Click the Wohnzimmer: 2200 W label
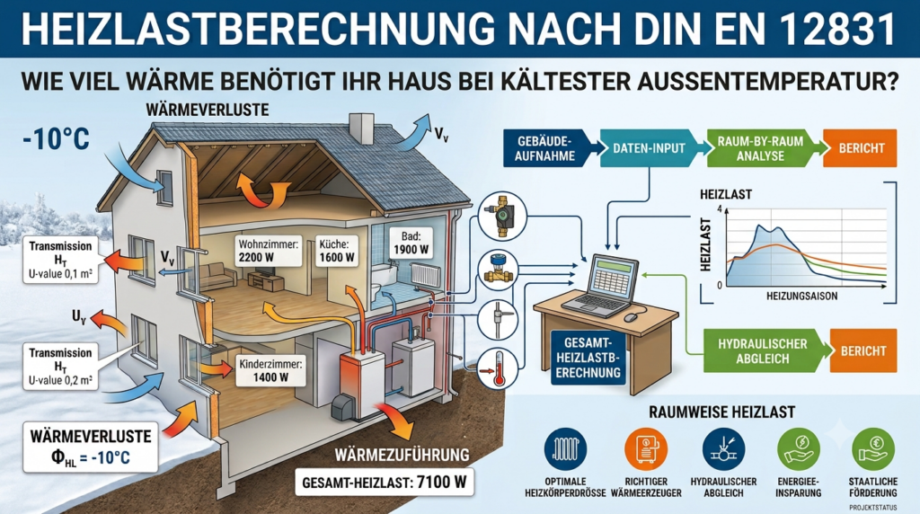tap(269, 250)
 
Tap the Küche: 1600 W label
tap(337, 250)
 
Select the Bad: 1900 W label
tap(411, 243)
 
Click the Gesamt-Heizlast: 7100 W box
tap(385, 483)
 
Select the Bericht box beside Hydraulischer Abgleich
tap(863, 350)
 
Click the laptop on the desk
tap(602, 287)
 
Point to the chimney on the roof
tap(361, 128)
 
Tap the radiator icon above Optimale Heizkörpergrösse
tap(566, 449)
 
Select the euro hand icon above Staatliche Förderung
tap(873, 449)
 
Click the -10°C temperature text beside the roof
tap(57, 139)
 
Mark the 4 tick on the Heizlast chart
tap(720, 209)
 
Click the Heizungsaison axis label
tap(802, 297)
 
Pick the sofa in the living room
tap(217, 275)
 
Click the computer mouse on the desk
tap(631, 317)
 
